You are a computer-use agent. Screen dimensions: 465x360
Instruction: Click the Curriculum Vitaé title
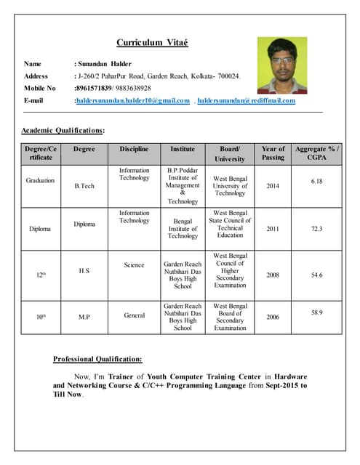click(152, 43)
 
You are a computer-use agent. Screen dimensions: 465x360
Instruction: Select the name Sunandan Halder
click(104, 64)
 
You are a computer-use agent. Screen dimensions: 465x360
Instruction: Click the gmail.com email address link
click(132, 100)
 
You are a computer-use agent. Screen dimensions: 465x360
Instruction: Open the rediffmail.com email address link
click(246, 100)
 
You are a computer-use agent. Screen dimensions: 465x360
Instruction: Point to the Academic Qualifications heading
click(63, 130)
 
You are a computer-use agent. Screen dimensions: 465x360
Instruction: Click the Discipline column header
click(134, 149)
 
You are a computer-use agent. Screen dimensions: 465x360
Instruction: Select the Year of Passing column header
click(273, 153)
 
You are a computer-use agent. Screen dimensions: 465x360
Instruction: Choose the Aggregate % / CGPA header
click(316, 153)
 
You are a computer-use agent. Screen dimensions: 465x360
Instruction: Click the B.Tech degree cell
click(84, 186)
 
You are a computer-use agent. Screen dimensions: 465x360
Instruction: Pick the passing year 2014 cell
click(273, 186)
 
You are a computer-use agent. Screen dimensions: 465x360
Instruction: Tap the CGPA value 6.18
click(316, 181)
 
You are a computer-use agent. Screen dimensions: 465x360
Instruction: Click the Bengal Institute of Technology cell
click(183, 227)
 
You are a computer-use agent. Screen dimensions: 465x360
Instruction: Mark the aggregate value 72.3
click(316, 228)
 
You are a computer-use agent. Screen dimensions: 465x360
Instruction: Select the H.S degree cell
click(84, 270)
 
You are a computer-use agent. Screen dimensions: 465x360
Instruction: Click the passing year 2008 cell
click(273, 275)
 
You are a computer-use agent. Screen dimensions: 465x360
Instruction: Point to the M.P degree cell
click(84, 318)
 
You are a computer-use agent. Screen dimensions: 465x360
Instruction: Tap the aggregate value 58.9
click(316, 312)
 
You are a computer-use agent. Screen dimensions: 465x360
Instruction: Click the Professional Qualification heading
click(97, 359)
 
